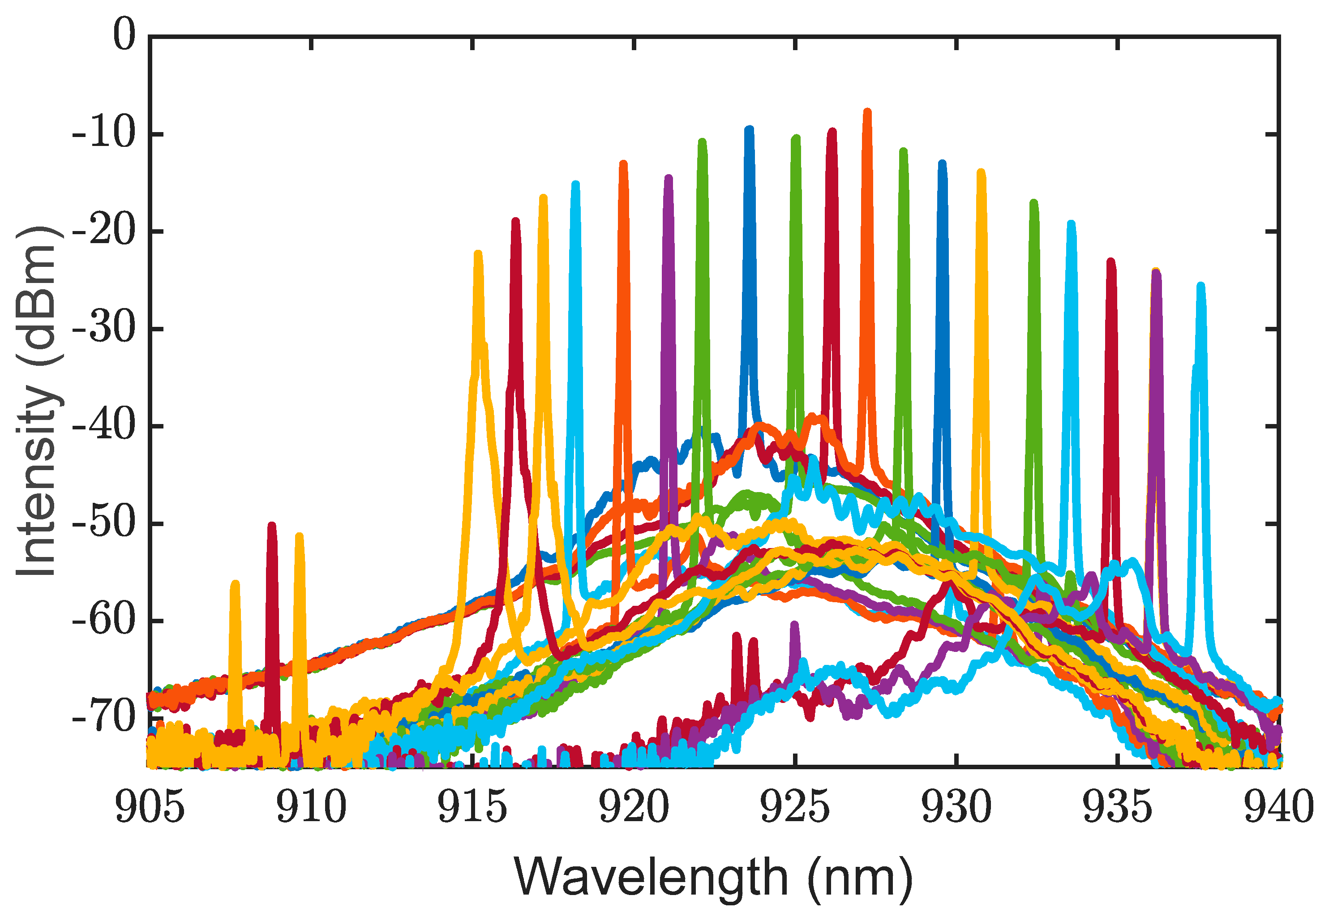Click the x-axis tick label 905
tap(150, 807)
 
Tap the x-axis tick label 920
tap(634, 807)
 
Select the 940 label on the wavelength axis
tap(1279, 807)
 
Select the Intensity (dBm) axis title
tap(38, 401)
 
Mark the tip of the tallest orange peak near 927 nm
tap(867, 112)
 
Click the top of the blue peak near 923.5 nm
tap(749, 130)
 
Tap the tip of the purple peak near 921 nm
tap(668, 178)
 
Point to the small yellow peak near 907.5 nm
tap(235, 584)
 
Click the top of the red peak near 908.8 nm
tap(272, 526)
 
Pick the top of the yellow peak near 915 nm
tap(477, 254)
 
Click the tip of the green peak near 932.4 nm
tap(1033, 203)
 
